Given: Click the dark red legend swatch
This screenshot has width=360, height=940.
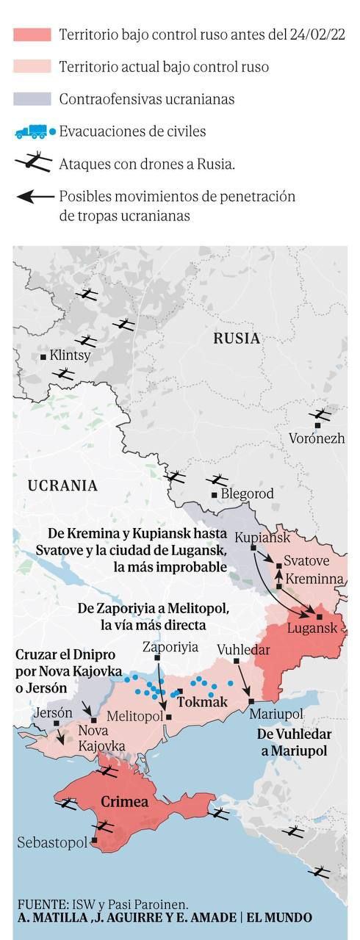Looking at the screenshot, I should pyautogui.click(x=32, y=35).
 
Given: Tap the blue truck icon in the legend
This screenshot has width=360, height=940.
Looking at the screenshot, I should pyautogui.click(x=31, y=132).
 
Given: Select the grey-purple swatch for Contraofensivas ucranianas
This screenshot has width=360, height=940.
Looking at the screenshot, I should pyautogui.click(x=32, y=99).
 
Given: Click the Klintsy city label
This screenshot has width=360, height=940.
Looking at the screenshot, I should pyautogui.click(x=70, y=355).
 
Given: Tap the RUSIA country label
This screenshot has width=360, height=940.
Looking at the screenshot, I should pyautogui.click(x=237, y=339).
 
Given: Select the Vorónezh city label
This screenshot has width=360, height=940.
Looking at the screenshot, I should pyautogui.click(x=317, y=440).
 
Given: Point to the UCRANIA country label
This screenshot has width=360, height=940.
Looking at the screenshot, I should pyautogui.click(x=62, y=485).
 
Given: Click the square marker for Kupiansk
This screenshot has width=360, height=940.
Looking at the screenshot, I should pyautogui.click(x=253, y=548).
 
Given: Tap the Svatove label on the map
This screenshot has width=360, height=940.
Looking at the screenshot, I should pyautogui.click(x=306, y=560).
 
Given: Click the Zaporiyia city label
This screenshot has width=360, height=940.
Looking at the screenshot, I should pyautogui.click(x=170, y=647).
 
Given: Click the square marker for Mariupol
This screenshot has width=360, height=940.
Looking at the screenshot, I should pyautogui.click(x=251, y=701).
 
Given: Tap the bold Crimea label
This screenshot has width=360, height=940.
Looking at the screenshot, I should pyautogui.click(x=124, y=801).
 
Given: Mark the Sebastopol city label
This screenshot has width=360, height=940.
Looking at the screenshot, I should pyautogui.click(x=52, y=842).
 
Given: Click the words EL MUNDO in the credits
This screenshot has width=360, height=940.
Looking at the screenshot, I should pyautogui.click(x=279, y=918).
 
